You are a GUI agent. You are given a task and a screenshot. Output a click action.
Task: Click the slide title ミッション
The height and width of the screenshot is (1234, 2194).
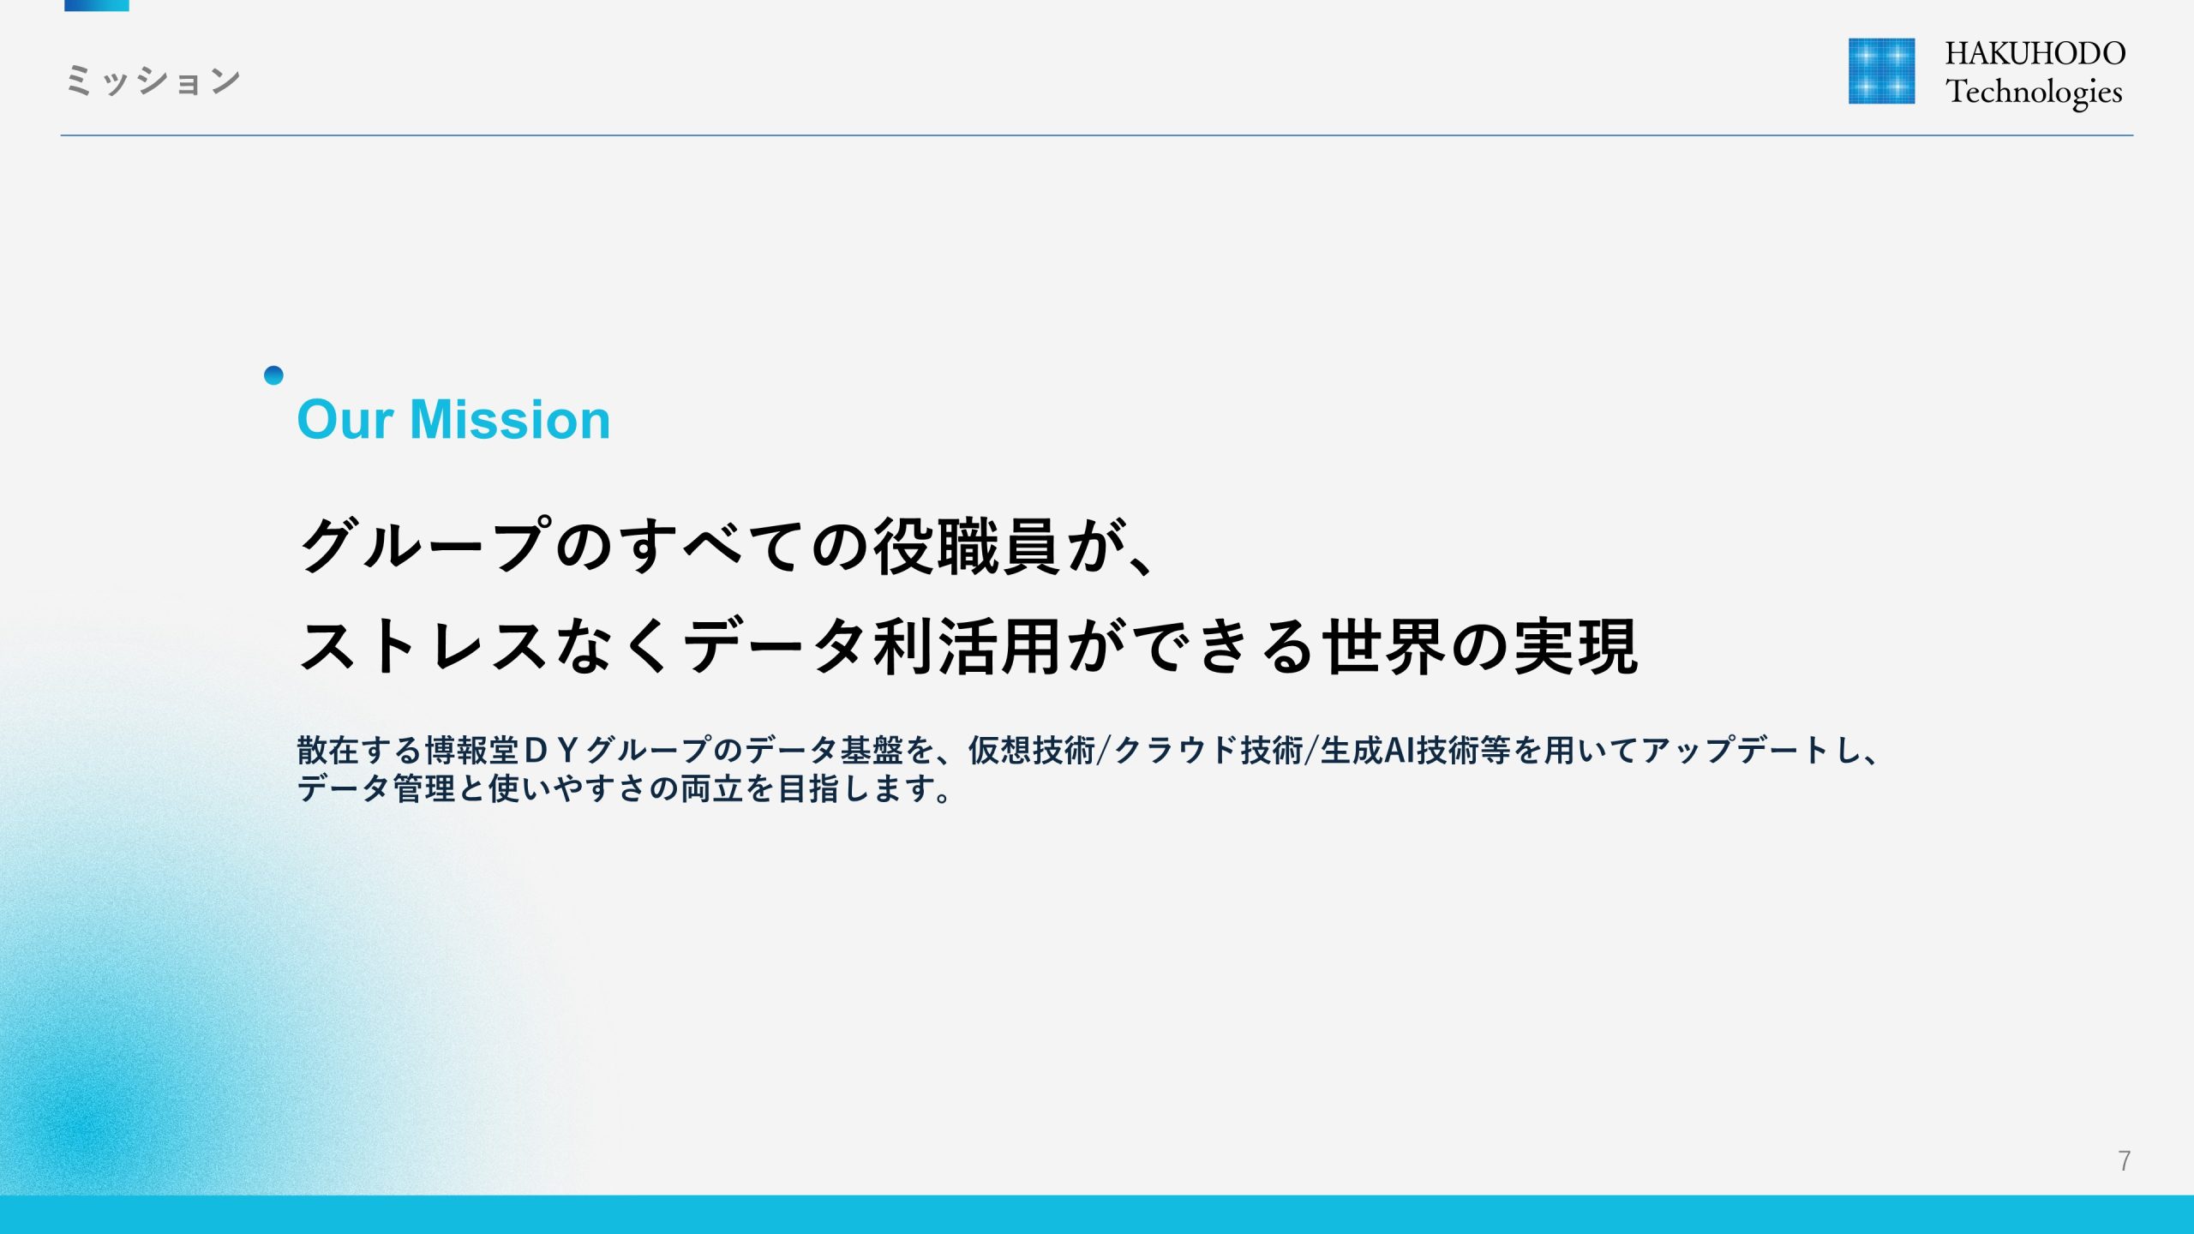pos(153,81)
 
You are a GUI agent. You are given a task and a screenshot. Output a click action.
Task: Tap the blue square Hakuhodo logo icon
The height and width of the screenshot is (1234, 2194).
pos(1881,71)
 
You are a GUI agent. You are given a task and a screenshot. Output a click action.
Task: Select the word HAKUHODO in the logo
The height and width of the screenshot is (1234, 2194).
pos(2035,53)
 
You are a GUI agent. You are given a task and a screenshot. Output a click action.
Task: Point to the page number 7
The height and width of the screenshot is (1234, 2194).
pos(2124,1160)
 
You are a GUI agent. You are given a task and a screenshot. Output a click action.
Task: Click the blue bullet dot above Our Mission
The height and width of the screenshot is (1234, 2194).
pos(273,375)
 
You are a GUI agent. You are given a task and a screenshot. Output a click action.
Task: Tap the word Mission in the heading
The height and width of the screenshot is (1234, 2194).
pos(510,420)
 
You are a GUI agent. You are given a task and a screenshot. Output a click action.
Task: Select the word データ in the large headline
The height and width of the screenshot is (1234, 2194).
pos(776,646)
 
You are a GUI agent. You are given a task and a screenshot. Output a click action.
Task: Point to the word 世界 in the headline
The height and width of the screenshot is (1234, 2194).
pos(1384,646)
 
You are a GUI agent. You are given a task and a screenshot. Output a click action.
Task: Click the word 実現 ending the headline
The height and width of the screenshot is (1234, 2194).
pos(1576,646)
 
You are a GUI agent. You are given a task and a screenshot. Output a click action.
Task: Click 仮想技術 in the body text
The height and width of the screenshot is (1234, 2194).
pos(1032,750)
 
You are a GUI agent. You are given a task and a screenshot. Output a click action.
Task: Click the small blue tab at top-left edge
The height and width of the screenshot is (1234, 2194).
pos(97,5)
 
